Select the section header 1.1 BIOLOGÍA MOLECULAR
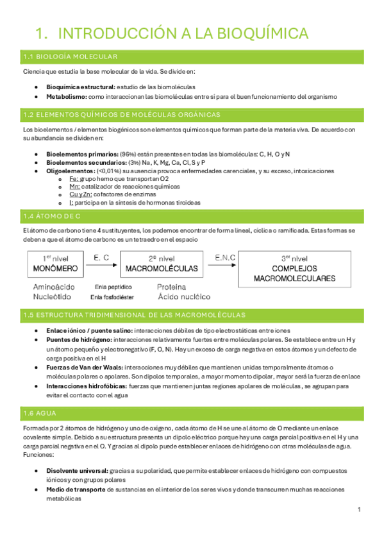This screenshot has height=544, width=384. point(69,56)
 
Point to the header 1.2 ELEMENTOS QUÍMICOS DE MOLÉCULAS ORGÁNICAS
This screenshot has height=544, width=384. point(121,115)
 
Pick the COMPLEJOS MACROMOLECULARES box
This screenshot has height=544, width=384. point(294,269)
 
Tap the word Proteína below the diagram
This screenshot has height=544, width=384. point(174,288)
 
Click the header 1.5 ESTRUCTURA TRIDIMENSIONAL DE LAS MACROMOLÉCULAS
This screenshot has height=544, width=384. point(133,315)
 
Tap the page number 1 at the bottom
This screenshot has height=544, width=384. point(360,510)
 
